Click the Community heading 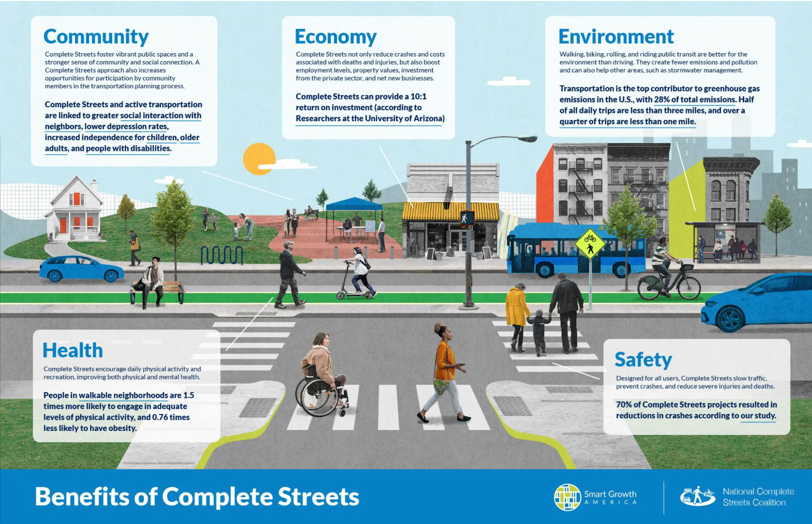[96, 37]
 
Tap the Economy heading [336, 37]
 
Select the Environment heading [616, 36]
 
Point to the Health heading [73, 350]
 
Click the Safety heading [643, 359]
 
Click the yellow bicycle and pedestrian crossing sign [590, 243]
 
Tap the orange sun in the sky [258, 159]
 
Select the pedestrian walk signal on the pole [467, 218]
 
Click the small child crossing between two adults [539, 332]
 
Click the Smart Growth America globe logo [567, 497]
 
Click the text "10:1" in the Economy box [418, 96]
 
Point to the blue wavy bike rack [222, 255]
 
